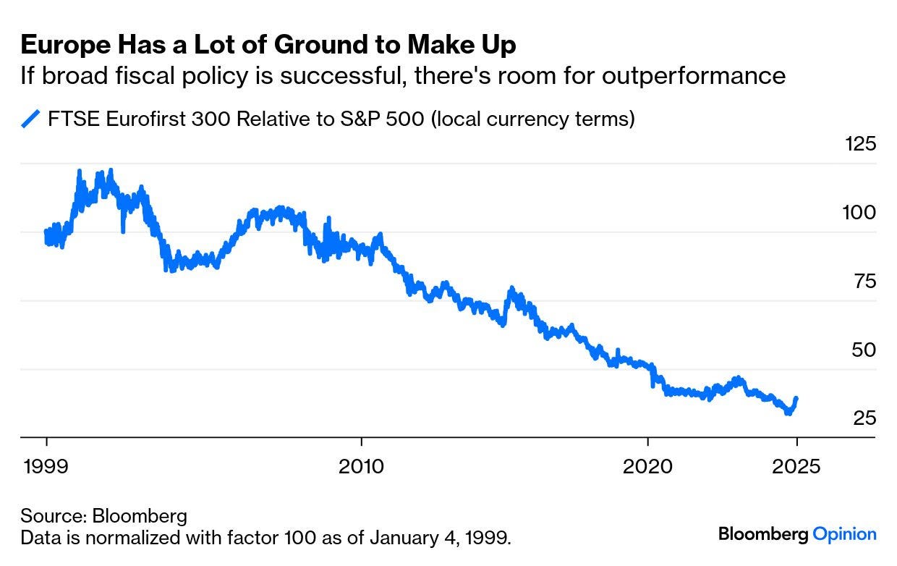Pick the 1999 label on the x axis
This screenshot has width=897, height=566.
pyautogui.click(x=46, y=465)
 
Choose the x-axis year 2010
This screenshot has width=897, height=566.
pyautogui.click(x=361, y=465)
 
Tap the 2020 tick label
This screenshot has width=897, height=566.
pyautogui.click(x=647, y=465)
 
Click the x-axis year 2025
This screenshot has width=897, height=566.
pyautogui.click(x=796, y=465)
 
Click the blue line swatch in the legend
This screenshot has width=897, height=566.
pyautogui.click(x=30, y=119)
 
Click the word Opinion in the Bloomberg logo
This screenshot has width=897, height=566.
pyautogui.click(x=845, y=535)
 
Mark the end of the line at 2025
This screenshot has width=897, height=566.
pyautogui.click(x=796, y=398)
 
